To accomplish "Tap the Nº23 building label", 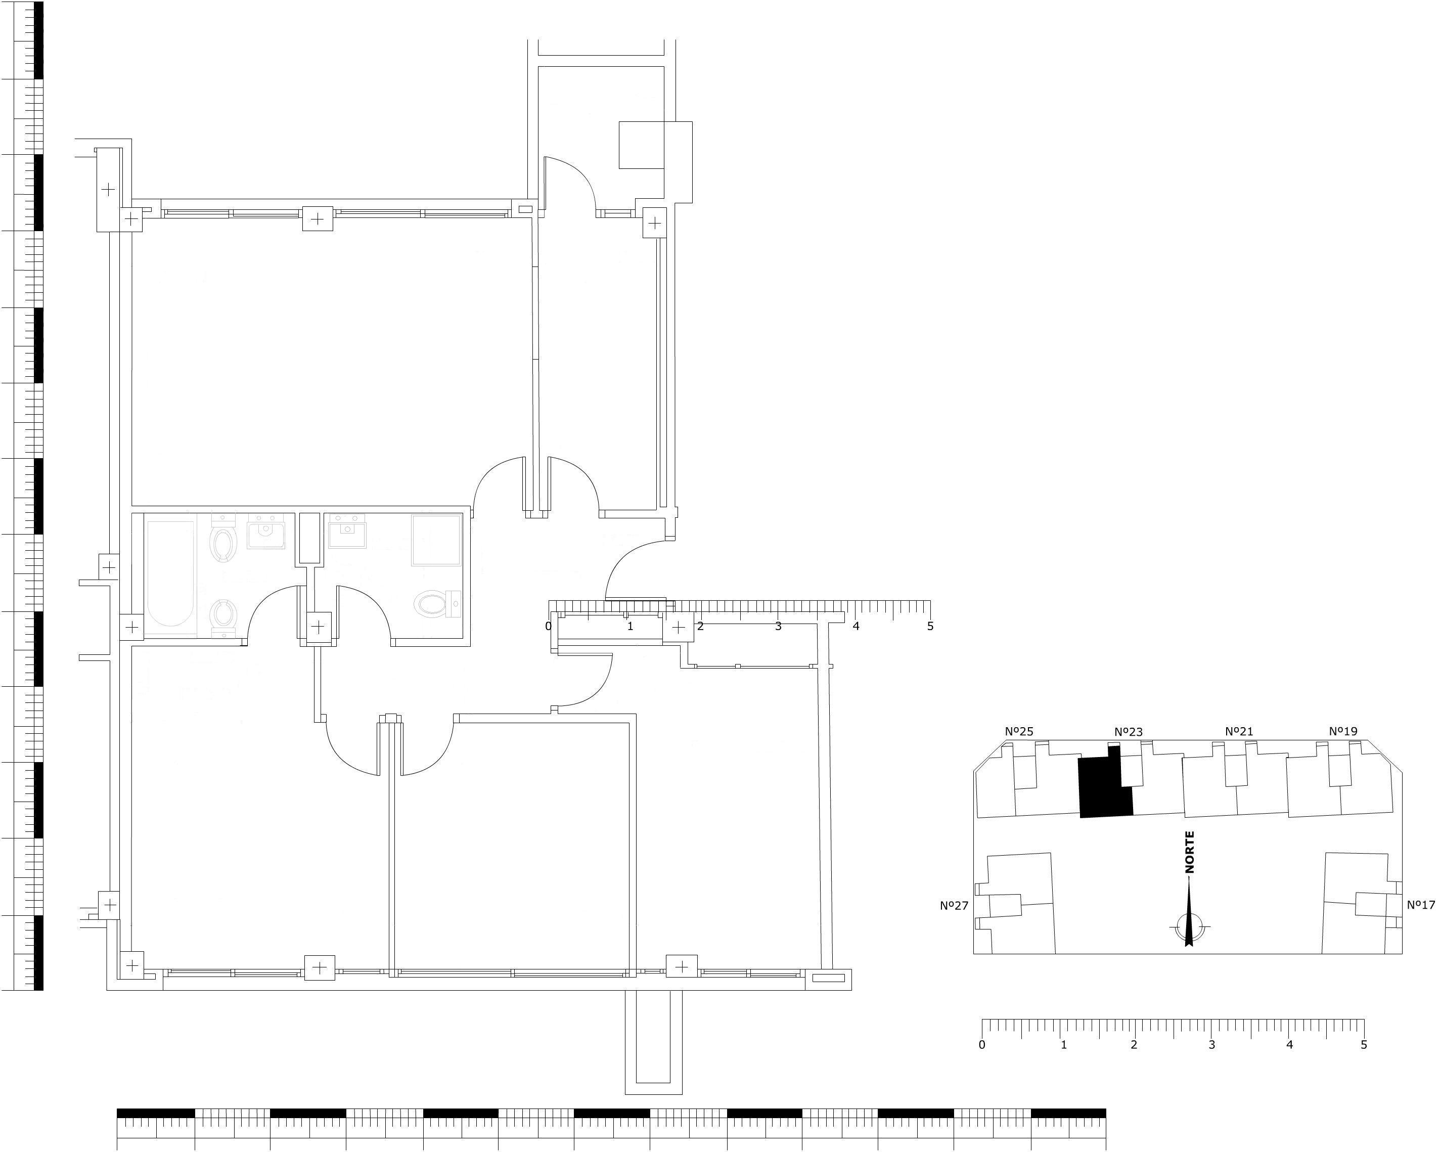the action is coord(1128,732).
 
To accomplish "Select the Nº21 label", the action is coord(1239,732).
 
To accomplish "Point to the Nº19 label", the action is coord(1343,731).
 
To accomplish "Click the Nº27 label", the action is coord(954,905).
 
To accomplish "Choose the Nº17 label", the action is coord(1421,905).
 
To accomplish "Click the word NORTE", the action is coord(1190,853).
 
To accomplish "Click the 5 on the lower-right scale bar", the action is coord(1364,1044).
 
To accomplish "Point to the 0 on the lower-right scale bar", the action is coord(982,1044).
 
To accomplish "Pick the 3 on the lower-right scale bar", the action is coord(1211,1044).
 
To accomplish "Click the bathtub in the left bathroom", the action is coord(170,574).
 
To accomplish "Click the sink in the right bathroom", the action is coord(347,531).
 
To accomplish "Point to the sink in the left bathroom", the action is coord(266,531).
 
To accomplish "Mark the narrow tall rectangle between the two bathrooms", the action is coord(309,539).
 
